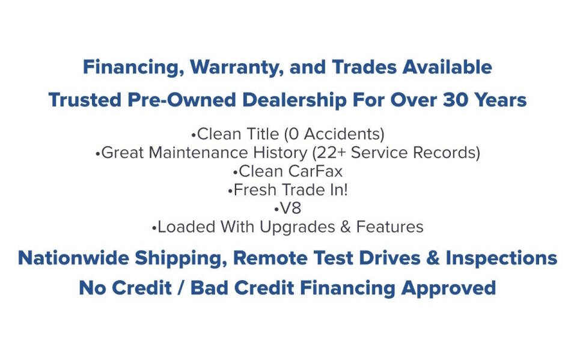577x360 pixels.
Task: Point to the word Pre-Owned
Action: tap(182, 100)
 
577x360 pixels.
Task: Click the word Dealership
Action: tap(295, 100)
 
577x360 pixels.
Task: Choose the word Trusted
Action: tap(85, 100)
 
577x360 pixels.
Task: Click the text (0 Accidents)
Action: tap(334, 134)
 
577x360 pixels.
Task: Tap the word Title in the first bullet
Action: tap(263, 133)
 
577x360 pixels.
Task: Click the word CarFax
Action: tap(316, 171)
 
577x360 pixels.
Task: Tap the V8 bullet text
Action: tap(290, 209)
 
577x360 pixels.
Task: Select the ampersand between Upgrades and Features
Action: tap(346, 227)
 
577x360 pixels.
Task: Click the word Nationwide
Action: tap(73, 258)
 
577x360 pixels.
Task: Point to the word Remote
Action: tap(270, 258)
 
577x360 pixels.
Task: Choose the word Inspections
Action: tap(501, 258)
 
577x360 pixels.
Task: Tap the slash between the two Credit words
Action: tap(181, 287)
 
